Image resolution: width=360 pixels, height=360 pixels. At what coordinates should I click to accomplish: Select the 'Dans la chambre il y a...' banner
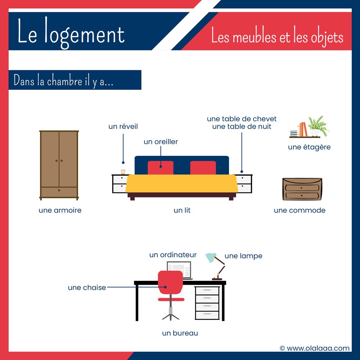[75, 80]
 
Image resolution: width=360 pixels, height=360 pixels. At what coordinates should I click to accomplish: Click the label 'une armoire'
[60, 210]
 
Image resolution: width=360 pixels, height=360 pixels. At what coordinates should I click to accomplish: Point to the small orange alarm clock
[123, 172]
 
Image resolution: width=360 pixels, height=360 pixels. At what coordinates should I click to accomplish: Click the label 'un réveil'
[123, 126]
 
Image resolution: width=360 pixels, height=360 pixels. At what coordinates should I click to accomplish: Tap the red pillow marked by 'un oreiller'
[161, 168]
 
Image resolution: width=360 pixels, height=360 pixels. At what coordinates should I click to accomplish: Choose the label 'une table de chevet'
[242, 119]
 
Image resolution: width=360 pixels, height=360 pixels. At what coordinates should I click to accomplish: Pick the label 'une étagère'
[309, 147]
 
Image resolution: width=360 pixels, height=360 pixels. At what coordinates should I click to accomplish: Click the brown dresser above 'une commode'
[302, 189]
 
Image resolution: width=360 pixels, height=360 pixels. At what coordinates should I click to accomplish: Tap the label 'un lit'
[182, 210]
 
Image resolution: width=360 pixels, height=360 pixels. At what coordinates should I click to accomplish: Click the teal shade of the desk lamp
[211, 257]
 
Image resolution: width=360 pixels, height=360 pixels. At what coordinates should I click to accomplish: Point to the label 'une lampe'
[243, 256]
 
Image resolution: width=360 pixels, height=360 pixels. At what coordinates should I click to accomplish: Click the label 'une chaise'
[87, 288]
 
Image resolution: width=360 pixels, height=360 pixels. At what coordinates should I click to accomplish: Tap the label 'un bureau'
[180, 333]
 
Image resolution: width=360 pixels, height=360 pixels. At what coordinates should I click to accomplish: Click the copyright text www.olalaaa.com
[315, 348]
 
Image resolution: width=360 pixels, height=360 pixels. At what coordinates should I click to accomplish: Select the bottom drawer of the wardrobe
[59, 192]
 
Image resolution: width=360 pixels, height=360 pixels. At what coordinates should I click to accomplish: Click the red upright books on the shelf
[305, 129]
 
